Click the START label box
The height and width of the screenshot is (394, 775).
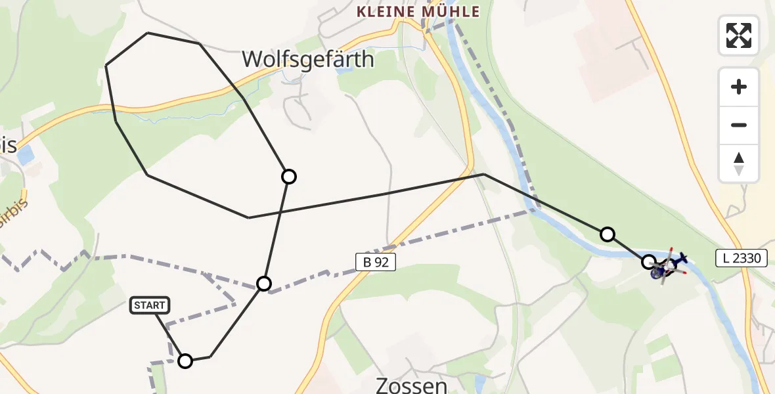coord(150,305)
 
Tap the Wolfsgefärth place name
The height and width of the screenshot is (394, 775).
coord(308,59)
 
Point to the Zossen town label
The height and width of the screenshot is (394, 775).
coord(403,384)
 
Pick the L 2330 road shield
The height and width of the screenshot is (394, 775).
coord(741,258)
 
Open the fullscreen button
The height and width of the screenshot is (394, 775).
coord(739,35)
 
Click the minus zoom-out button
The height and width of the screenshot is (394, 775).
coord(739,125)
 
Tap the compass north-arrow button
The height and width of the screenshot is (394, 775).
coord(739,164)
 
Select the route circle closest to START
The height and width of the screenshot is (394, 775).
coord(185,361)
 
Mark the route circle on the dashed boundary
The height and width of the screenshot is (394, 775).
coord(263,284)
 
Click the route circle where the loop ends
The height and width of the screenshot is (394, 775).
coord(289,176)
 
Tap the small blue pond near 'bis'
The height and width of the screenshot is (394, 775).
coord(26,156)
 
